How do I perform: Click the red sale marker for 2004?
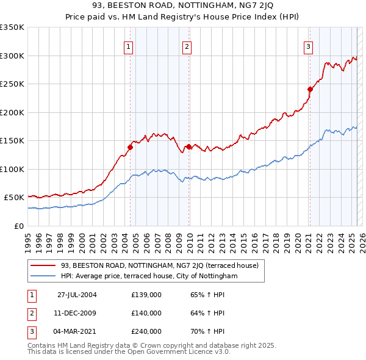pyautogui.click(x=130, y=146)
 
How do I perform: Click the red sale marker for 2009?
pyautogui.click(x=188, y=146)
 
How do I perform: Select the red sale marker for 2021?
pyautogui.click(x=310, y=89)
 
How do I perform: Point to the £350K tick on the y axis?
pyautogui.click(x=12, y=27)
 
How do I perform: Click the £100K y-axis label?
pyautogui.click(x=12, y=169)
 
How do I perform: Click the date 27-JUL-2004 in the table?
pyautogui.click(x=77, y=295)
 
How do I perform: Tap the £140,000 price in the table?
pyautogui.click(x=146, y=313)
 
